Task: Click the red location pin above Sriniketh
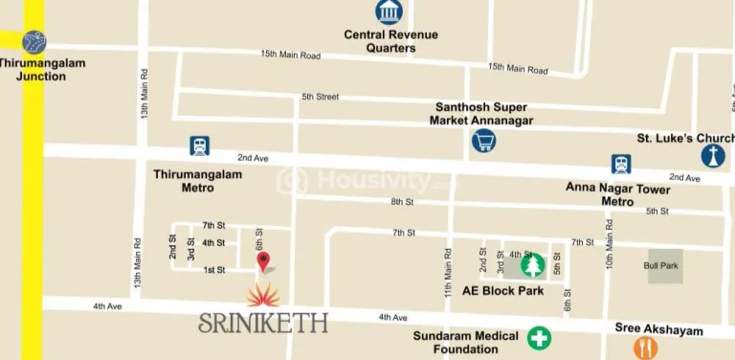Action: click(263, 260)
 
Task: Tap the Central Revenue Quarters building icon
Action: click(390, 12)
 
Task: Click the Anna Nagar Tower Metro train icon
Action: click(621, 164)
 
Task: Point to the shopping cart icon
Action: click(484, 142)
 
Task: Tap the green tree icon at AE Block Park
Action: click(533, 264)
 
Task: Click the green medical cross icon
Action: click(540, 337)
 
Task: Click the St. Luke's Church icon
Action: click(713, 156)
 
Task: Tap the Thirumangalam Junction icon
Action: click(34, 42)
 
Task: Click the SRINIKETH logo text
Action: click(263, 323)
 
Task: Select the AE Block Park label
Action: click(502, 290)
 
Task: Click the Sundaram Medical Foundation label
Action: click(466, 342)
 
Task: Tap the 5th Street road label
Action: click(321, 97)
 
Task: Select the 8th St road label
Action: click(401, 201)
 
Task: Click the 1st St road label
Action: click(213, 270)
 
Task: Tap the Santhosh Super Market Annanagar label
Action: click(484, 113)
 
